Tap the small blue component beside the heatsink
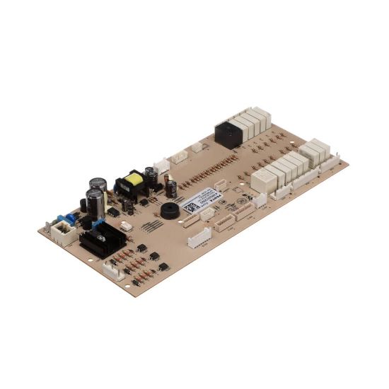pos(98,226)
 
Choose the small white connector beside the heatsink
pos(125,226)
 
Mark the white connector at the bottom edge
pos(112,271)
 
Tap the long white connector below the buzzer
pos(199,238)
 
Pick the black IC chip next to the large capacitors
pos(112,211)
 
